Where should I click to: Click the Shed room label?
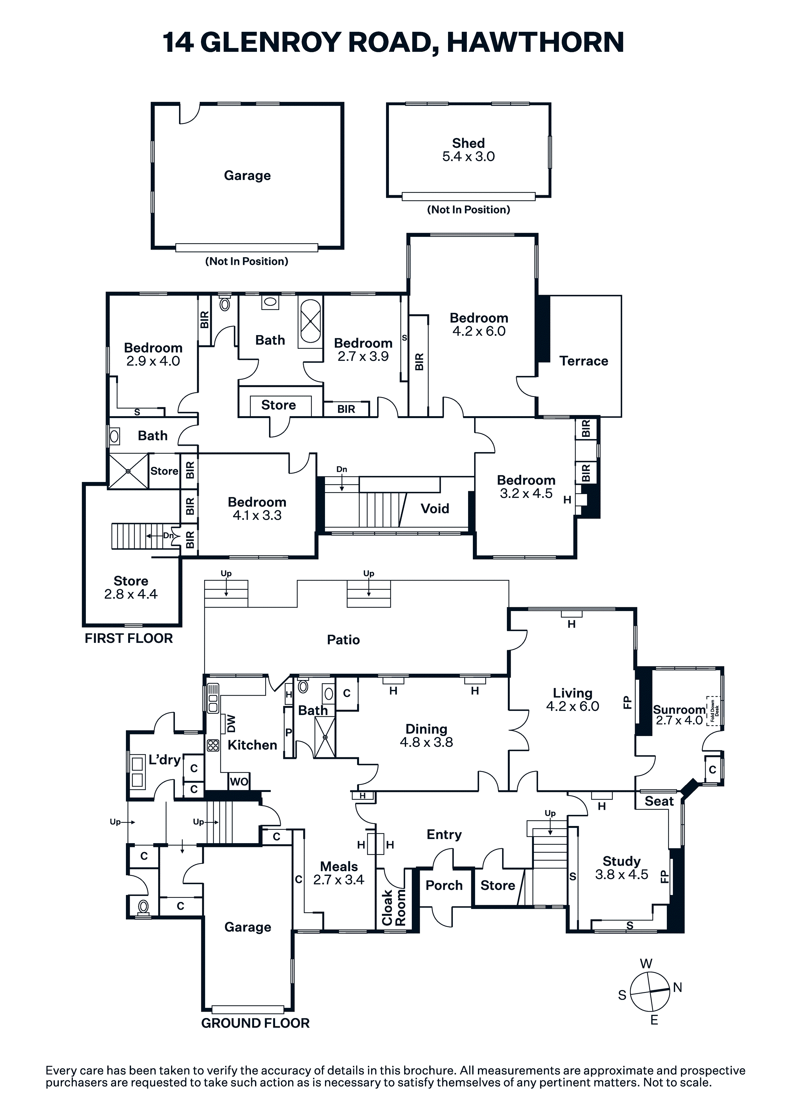pos(468,143)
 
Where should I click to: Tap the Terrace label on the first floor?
pos(584,361)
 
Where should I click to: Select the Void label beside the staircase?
pos(435,508)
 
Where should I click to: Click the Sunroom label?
pos(679,710)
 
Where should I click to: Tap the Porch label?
pos(444,885)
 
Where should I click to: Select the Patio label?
pos(343,640)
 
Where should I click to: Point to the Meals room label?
pos(339,866)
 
